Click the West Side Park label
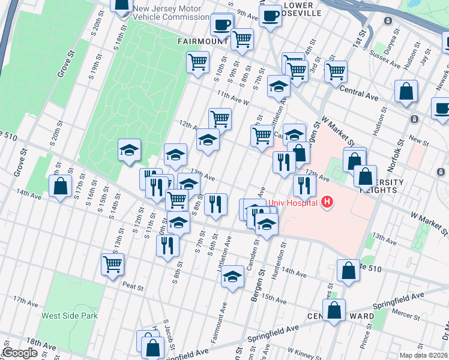coord(67,316)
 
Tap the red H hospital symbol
coord(327,203)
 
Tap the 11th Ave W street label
coord(233,96)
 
